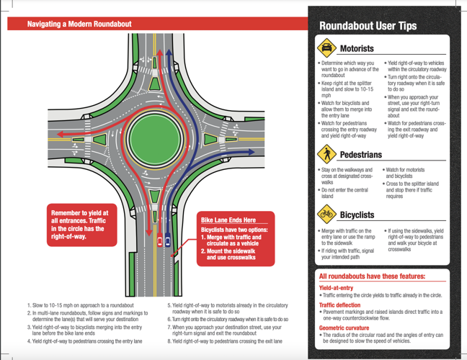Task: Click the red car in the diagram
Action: coord(159,241)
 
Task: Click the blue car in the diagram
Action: coord(168,241)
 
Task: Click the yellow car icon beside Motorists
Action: coord(326,48)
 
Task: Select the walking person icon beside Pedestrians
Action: coord(326,153)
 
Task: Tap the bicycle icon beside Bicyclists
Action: coord(326,214)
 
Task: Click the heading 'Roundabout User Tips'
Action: coord(368,26)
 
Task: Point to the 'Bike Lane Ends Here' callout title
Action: coord(228,220)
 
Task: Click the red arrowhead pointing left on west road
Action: coord(53,134)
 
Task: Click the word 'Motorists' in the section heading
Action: coord(357,49)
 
